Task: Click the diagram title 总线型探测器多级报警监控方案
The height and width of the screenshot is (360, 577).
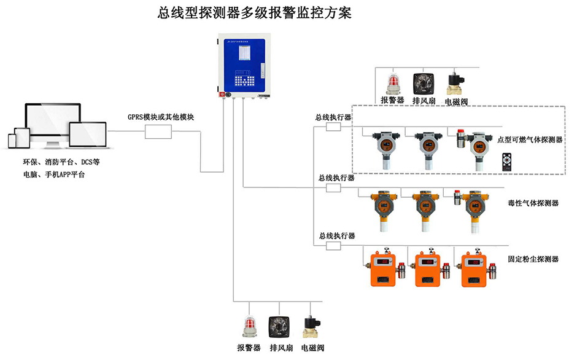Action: pos(255,13)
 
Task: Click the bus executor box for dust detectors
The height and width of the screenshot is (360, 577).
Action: pos(333,246)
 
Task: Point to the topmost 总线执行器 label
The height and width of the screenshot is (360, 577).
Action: pos(333,117)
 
